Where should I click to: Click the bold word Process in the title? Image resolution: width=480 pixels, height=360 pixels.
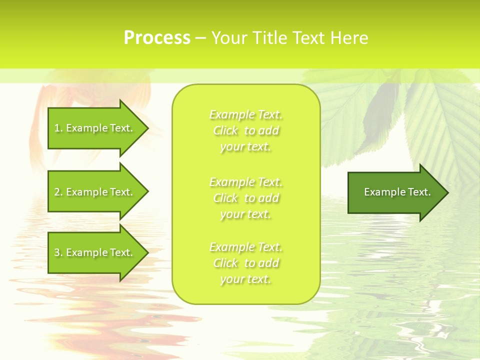[x=157, y=38]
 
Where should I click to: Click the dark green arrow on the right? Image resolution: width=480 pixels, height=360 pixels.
[x=395, y=192]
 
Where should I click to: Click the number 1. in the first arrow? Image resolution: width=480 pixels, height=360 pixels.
[x=58, y=128]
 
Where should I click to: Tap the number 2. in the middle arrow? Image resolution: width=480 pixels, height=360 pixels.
[x=58, y=192]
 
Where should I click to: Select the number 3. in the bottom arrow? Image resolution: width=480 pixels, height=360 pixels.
[x=58, y=252]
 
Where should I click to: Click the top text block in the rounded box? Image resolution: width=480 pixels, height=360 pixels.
[x=246, y=130]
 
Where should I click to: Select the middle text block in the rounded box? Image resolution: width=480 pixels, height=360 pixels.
[x=246, y=198]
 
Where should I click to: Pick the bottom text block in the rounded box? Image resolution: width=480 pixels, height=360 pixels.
[x=246, y=263]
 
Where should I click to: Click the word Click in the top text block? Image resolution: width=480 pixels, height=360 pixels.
[x=225, y=131]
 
